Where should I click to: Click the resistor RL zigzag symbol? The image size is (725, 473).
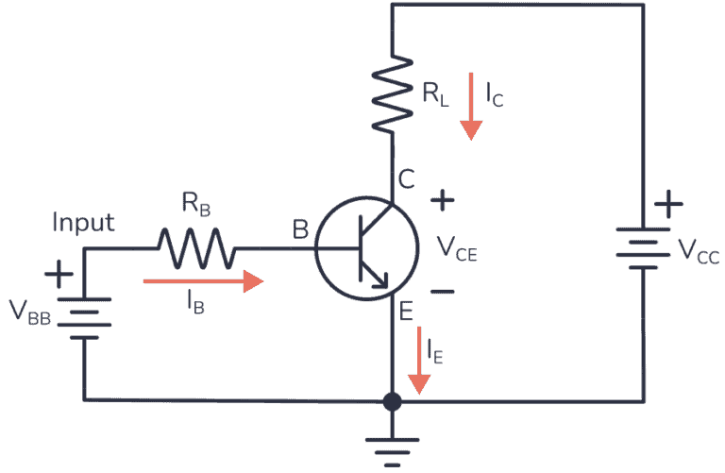(x=392, y=93)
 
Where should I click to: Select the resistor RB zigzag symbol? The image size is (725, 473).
(x=195, y=249)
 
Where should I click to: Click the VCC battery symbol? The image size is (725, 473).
(x=644, y=248)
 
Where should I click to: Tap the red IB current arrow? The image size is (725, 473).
(x=202, y=280)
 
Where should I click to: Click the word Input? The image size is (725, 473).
(x=83, y=223)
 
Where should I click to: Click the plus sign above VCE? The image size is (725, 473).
(x=443, y=199)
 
